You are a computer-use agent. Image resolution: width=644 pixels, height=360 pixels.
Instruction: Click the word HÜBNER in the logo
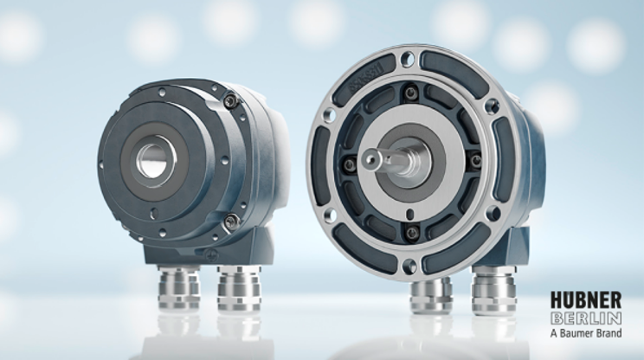(x=586, y=300)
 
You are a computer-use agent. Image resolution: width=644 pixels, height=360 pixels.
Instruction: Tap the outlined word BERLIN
(x=586, y=318)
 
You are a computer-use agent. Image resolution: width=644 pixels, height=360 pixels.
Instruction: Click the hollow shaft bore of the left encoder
(x=156, y=160)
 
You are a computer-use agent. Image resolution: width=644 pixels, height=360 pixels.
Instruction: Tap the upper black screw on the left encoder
(x=230, y=100)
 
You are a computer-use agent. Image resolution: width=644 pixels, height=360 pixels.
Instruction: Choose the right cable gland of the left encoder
(x=239, y=288)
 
